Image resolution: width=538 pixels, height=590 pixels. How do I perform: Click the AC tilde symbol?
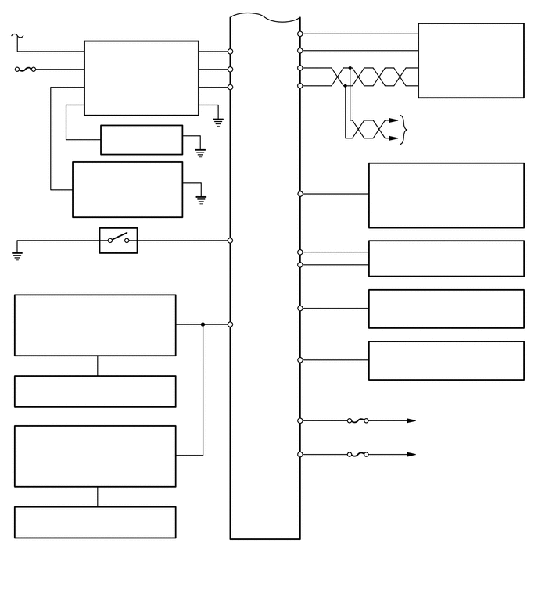17,36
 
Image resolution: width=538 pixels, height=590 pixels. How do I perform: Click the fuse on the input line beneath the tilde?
25,69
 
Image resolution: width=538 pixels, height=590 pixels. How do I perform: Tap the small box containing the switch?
118,241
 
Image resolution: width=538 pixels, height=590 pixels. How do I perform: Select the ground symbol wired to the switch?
17,256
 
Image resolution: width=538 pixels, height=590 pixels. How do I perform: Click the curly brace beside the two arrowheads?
403,130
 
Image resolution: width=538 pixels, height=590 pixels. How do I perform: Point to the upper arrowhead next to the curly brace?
393,121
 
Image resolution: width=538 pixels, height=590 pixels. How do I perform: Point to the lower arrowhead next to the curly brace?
393,138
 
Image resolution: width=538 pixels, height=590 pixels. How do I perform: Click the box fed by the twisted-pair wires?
471,60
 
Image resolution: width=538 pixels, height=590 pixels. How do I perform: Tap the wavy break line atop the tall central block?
264,17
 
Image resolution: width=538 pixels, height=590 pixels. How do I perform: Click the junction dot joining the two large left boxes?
203,324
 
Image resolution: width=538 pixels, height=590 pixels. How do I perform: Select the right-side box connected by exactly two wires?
446,258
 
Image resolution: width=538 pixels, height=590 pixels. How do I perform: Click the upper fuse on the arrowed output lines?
357,420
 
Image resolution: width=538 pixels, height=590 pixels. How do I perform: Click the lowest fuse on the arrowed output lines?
357,454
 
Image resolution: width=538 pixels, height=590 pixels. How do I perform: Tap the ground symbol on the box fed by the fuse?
218,122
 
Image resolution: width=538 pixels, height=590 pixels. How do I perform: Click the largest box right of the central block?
446,195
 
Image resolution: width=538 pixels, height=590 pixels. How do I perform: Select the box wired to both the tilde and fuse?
141,78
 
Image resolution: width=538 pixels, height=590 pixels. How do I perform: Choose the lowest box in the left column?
95,522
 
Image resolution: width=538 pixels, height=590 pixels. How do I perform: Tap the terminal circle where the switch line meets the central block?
230,241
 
